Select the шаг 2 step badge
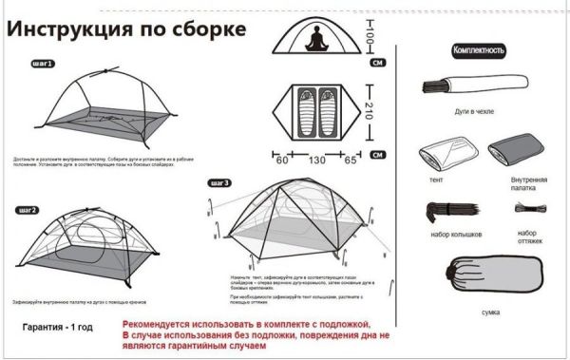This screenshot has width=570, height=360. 27,209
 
